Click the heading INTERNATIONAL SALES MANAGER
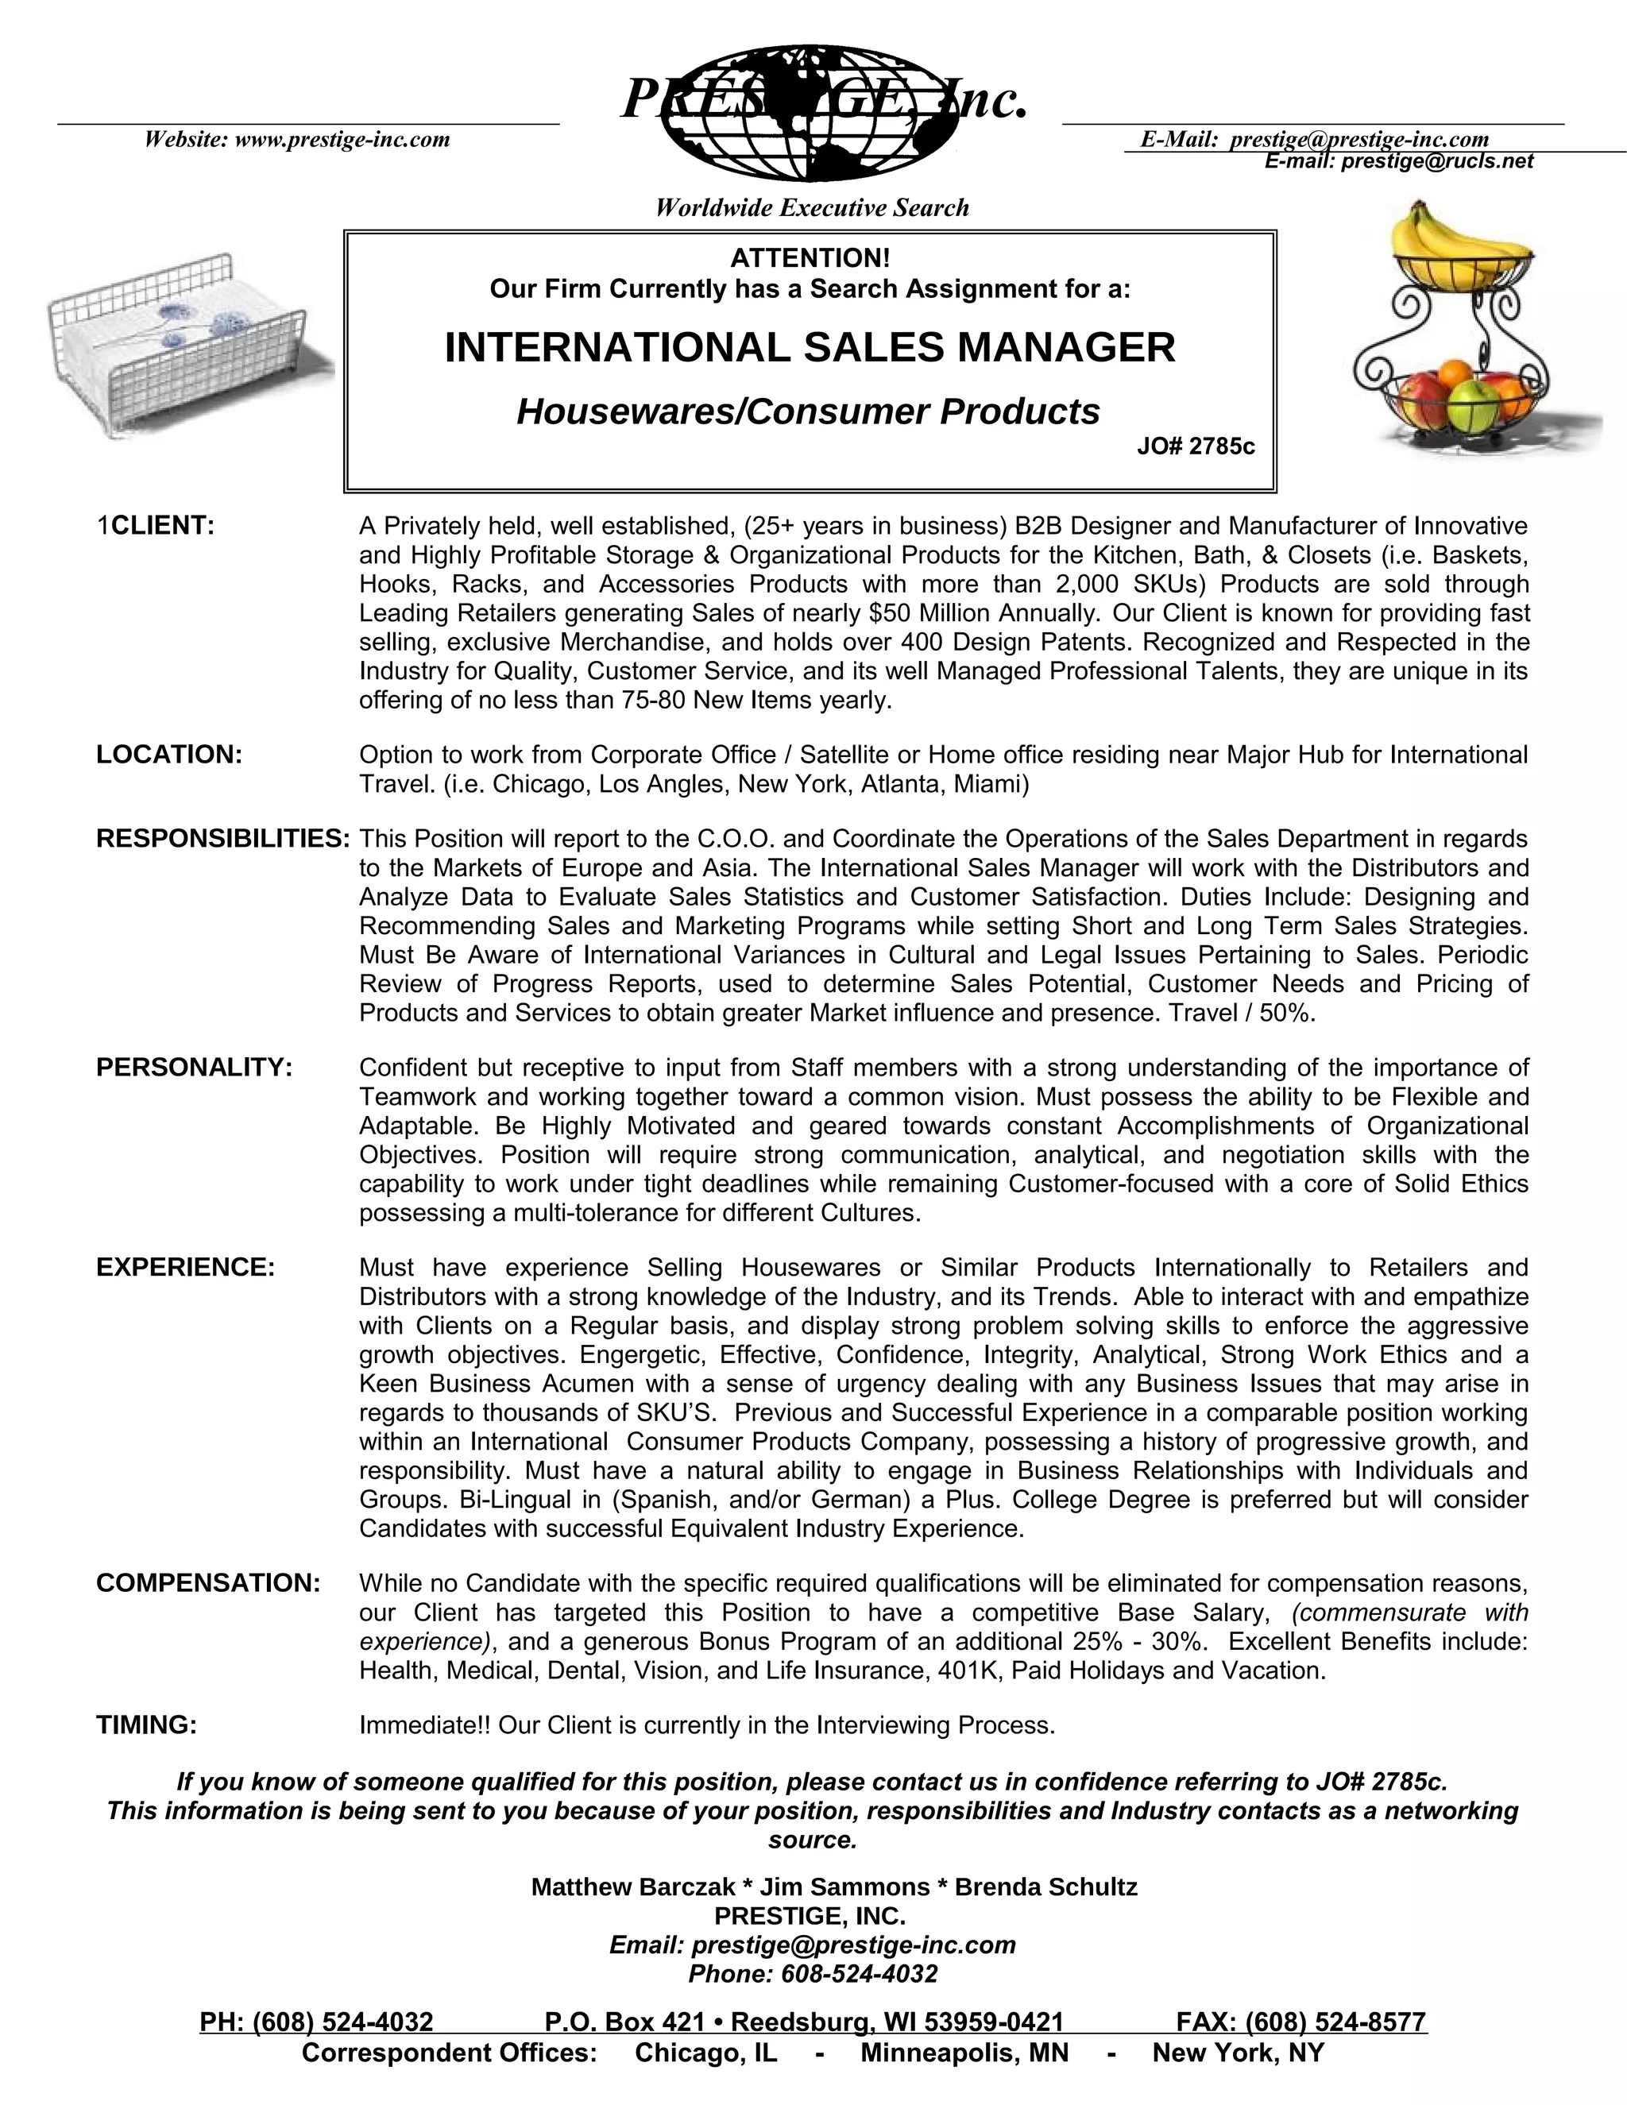point(810,347)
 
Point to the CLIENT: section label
point(162,526)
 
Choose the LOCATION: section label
point(168,755)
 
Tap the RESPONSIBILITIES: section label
point(222,839)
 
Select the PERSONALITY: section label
point(194,1068)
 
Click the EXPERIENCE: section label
point(186,1268)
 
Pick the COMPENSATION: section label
point(208,1584)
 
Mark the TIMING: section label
point(146,1725)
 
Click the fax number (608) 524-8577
point(1335,2021)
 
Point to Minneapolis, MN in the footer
point(964,2053)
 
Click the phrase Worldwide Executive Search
point(812,208)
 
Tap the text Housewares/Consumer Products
point(808,411)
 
